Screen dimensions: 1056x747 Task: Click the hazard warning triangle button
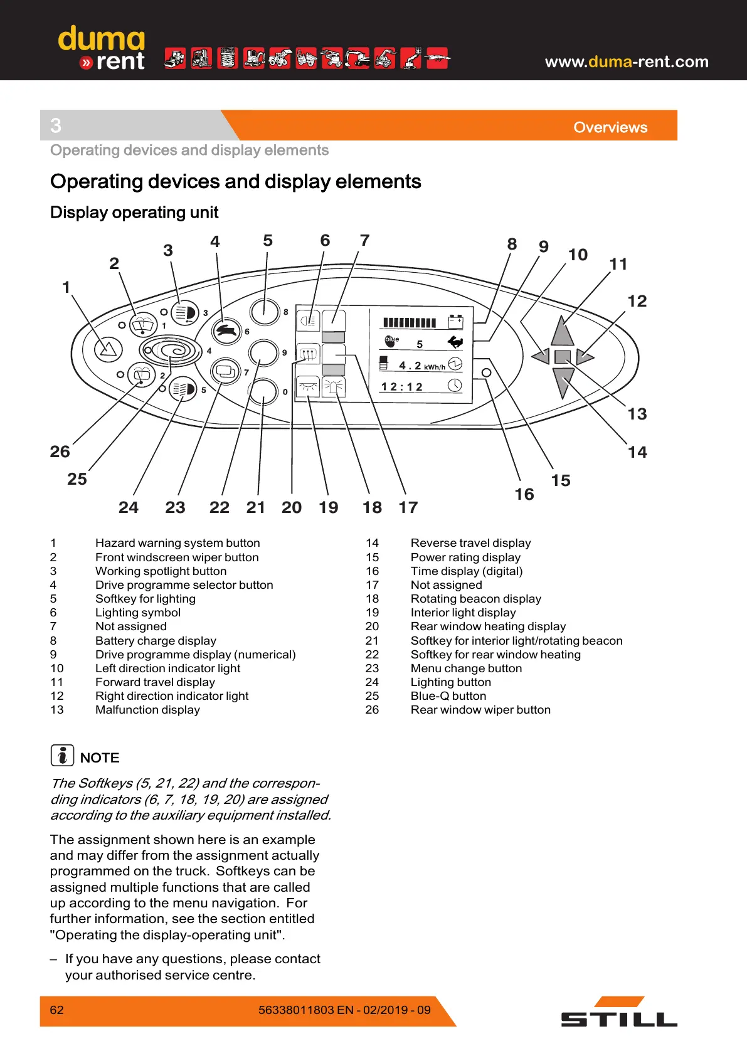click(x=108, y=349)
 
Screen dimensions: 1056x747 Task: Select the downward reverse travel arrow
click(x=563, y=381)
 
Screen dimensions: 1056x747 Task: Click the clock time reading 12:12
click(x=402, y=386)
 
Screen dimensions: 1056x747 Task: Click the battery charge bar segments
click(x=409, y=323)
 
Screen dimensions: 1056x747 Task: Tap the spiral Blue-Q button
click(x=171, y=349)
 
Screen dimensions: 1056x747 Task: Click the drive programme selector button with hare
click(x=227, y=330)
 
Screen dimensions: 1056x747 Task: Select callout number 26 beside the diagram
click(x=60, y=451)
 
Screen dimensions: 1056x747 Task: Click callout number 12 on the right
click(x=637, y=301)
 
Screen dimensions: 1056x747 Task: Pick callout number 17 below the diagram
click(x=408, y=507)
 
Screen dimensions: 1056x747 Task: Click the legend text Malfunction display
click(x=147, y=710)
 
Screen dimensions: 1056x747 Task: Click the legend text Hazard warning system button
click(x=177, y=543)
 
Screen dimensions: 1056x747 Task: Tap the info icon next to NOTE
click(x=62, y=756)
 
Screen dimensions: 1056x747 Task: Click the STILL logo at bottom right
click(x=618, y=1012)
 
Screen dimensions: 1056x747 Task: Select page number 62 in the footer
click(x=56, y=1010)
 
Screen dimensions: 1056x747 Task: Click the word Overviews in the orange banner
click(x=610, y=127)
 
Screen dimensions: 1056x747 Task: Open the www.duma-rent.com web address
click(x=626, y=61)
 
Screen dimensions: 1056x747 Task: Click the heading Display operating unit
click(x=134, y=213)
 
